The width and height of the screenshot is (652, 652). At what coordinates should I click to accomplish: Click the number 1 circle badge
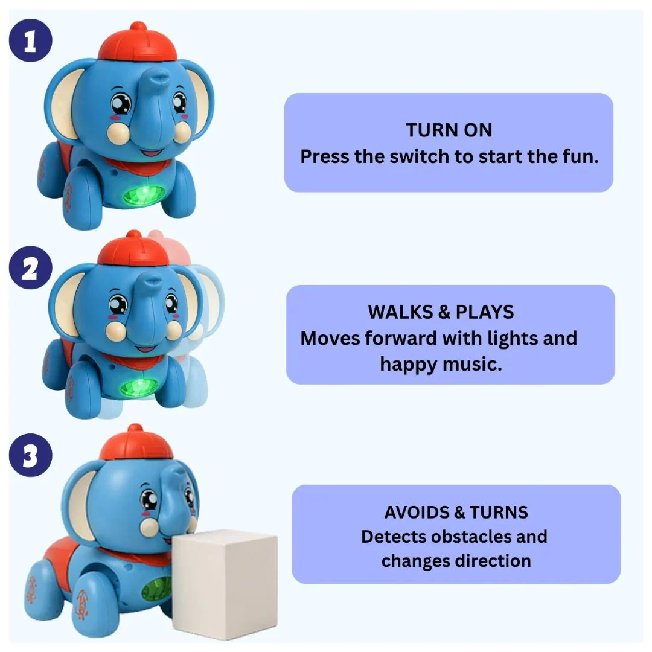point(30,40)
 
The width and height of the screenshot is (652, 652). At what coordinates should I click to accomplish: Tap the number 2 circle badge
point(30,268)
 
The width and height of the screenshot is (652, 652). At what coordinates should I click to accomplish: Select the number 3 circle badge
point(30,455)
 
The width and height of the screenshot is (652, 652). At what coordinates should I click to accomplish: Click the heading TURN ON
point(449,130)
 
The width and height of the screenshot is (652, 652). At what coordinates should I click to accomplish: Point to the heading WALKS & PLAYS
point(441,312)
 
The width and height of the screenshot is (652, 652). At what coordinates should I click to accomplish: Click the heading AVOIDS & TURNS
point(456,513)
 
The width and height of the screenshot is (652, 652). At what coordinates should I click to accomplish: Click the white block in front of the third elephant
point(225,584)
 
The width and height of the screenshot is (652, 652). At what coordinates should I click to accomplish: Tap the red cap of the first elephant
point(138,42)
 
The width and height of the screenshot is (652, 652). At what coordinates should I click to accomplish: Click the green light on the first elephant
point(144,195)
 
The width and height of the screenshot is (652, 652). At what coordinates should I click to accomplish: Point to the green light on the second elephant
point(139,387)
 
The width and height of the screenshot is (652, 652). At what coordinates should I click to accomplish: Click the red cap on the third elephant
point(136,443)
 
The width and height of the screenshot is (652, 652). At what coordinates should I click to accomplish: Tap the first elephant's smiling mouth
point(151,152)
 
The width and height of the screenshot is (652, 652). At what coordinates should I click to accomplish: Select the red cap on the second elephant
point(133,249)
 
